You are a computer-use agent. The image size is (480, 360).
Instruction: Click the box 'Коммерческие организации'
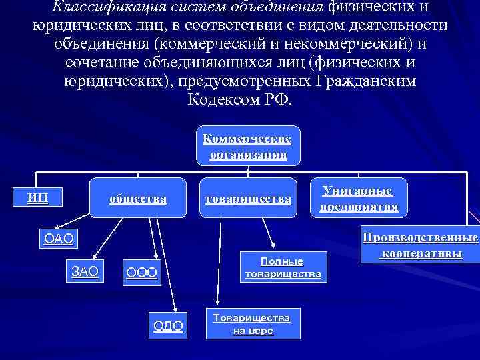click(247, 145)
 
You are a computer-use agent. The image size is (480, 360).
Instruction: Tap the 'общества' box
click(137, 199)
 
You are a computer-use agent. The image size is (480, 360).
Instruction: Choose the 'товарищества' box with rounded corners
click(248, 199)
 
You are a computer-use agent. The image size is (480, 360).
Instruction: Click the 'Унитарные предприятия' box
click(358, 199)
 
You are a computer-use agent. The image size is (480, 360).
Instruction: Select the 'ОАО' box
click(57, 238)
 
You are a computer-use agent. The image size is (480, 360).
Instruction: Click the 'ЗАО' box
click(85, 271)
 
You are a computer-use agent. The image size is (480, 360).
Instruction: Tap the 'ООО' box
click(141, 273)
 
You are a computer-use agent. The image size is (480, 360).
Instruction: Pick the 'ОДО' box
click(168, 325)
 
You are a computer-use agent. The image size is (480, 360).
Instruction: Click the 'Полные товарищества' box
click(283, 267)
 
